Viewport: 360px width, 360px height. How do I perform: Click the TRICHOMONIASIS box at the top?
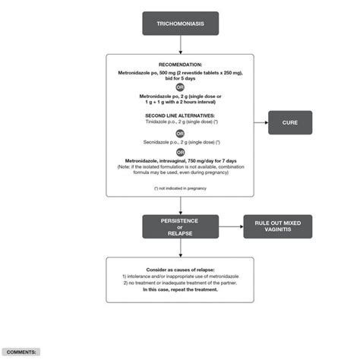(180, 24)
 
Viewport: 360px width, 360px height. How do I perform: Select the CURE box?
(290, 122)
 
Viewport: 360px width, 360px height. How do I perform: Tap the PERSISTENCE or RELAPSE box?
(180, 227)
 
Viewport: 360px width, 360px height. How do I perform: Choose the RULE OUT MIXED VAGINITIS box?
(277, 227)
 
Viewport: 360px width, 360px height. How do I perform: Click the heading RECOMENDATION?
(180, 65)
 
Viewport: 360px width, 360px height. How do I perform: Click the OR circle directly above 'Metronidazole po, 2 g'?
(180, 87)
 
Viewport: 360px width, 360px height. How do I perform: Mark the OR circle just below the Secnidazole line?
(180, 152)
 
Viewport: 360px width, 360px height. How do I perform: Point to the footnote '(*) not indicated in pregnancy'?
(180, 187)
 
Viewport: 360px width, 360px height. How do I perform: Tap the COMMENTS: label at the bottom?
(21, 352)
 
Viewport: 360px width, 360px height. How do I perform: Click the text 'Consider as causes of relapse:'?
(180, 270)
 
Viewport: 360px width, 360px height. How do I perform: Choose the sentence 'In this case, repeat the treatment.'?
(180, 289)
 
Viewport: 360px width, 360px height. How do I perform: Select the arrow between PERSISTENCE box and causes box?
(180, 248)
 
